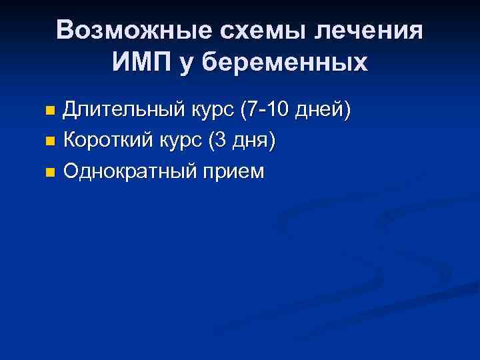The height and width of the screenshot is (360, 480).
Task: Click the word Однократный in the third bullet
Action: [130, 171]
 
